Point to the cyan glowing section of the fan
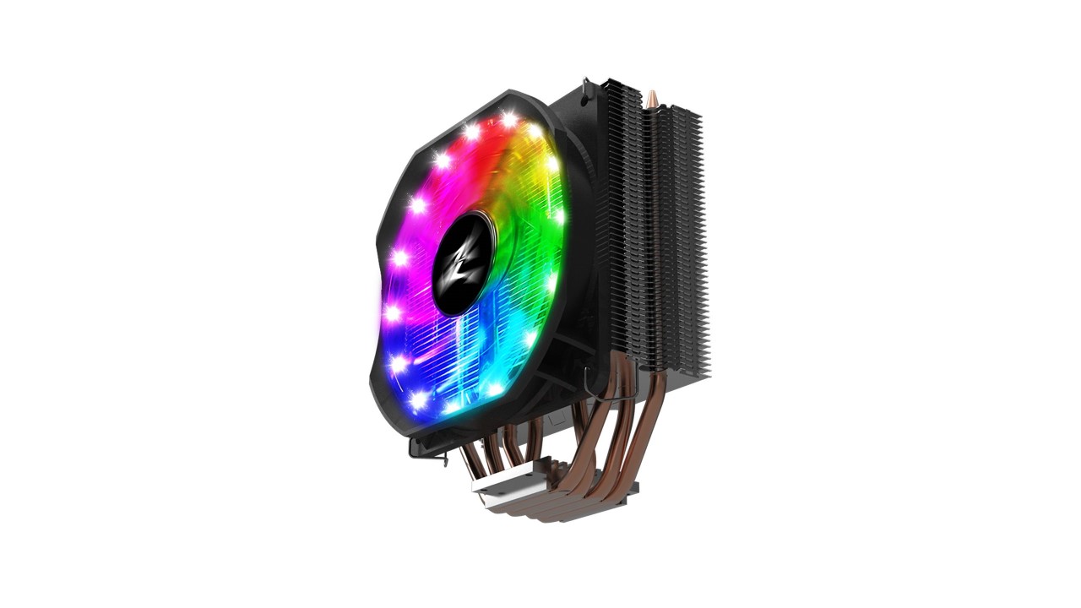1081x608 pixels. coord(507,338)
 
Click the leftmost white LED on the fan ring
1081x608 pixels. coord(393,312)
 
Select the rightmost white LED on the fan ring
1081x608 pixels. coord(558,214)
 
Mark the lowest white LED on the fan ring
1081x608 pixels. coord(449,408)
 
